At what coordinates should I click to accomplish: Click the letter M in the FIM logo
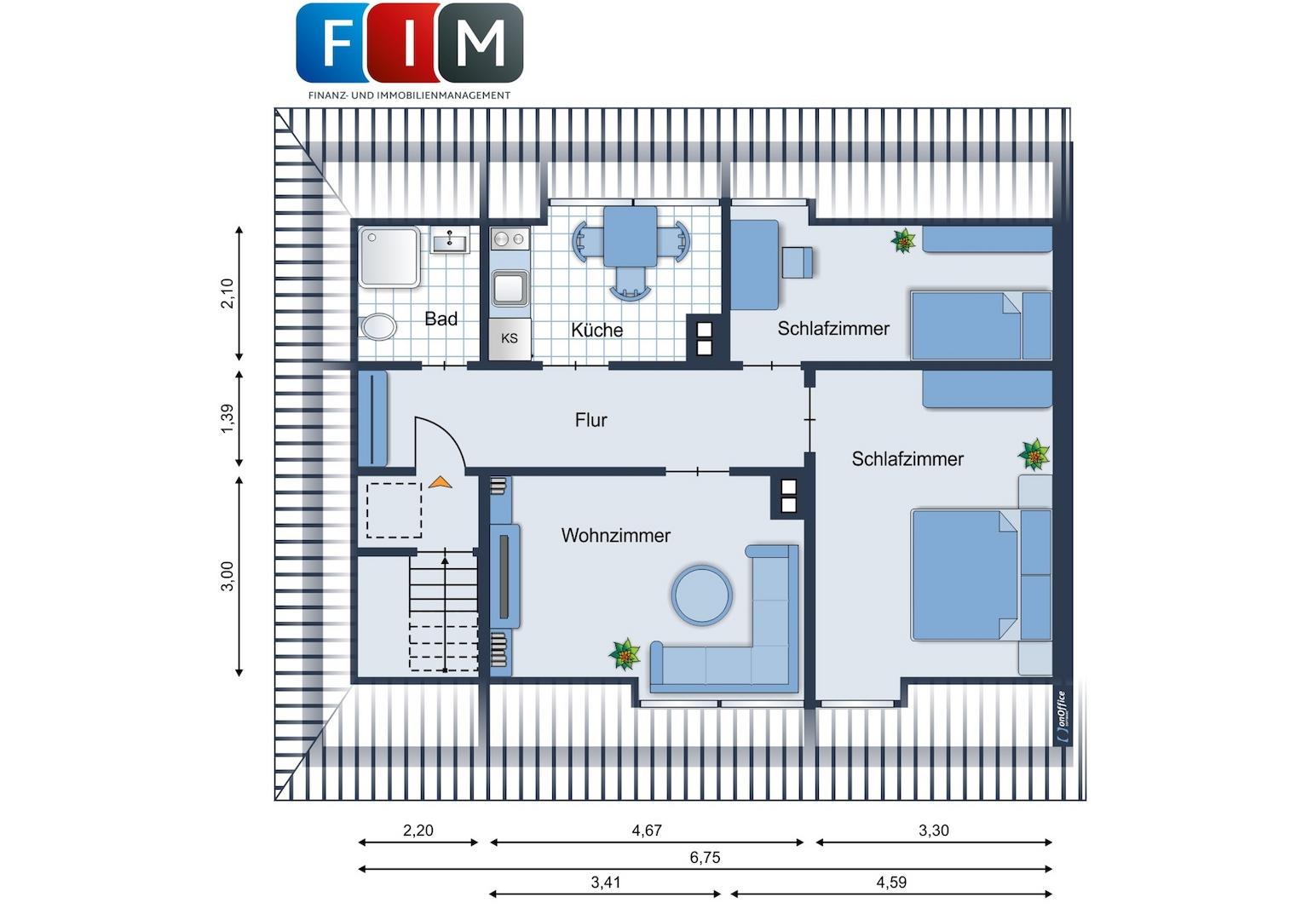[480, 43]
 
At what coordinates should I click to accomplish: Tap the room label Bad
[441, 319]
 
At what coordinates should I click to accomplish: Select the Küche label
[596, 330]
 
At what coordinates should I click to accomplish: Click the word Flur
[591, 420]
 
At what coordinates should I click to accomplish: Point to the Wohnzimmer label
[615, 535]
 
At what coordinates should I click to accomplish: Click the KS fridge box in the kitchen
[510, 338]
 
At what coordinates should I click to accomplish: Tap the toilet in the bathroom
[377, 327]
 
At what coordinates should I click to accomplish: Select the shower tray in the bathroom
[389, 257]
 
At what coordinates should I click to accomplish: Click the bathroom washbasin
[450, 240]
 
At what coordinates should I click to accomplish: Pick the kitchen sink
[510, 288]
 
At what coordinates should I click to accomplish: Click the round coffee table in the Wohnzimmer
[701, 595]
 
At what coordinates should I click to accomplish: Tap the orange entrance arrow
[440, 482]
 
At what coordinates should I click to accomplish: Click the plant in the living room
[625, 654]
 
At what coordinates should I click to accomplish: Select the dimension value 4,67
[647, 831]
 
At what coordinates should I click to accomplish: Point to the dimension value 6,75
[705, 857]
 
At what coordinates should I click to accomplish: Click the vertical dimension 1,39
[228, 418]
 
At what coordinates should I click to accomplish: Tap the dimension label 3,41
[606, 883]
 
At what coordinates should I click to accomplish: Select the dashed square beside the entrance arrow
[394, 510]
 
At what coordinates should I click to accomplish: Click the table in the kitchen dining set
[630, 237]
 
